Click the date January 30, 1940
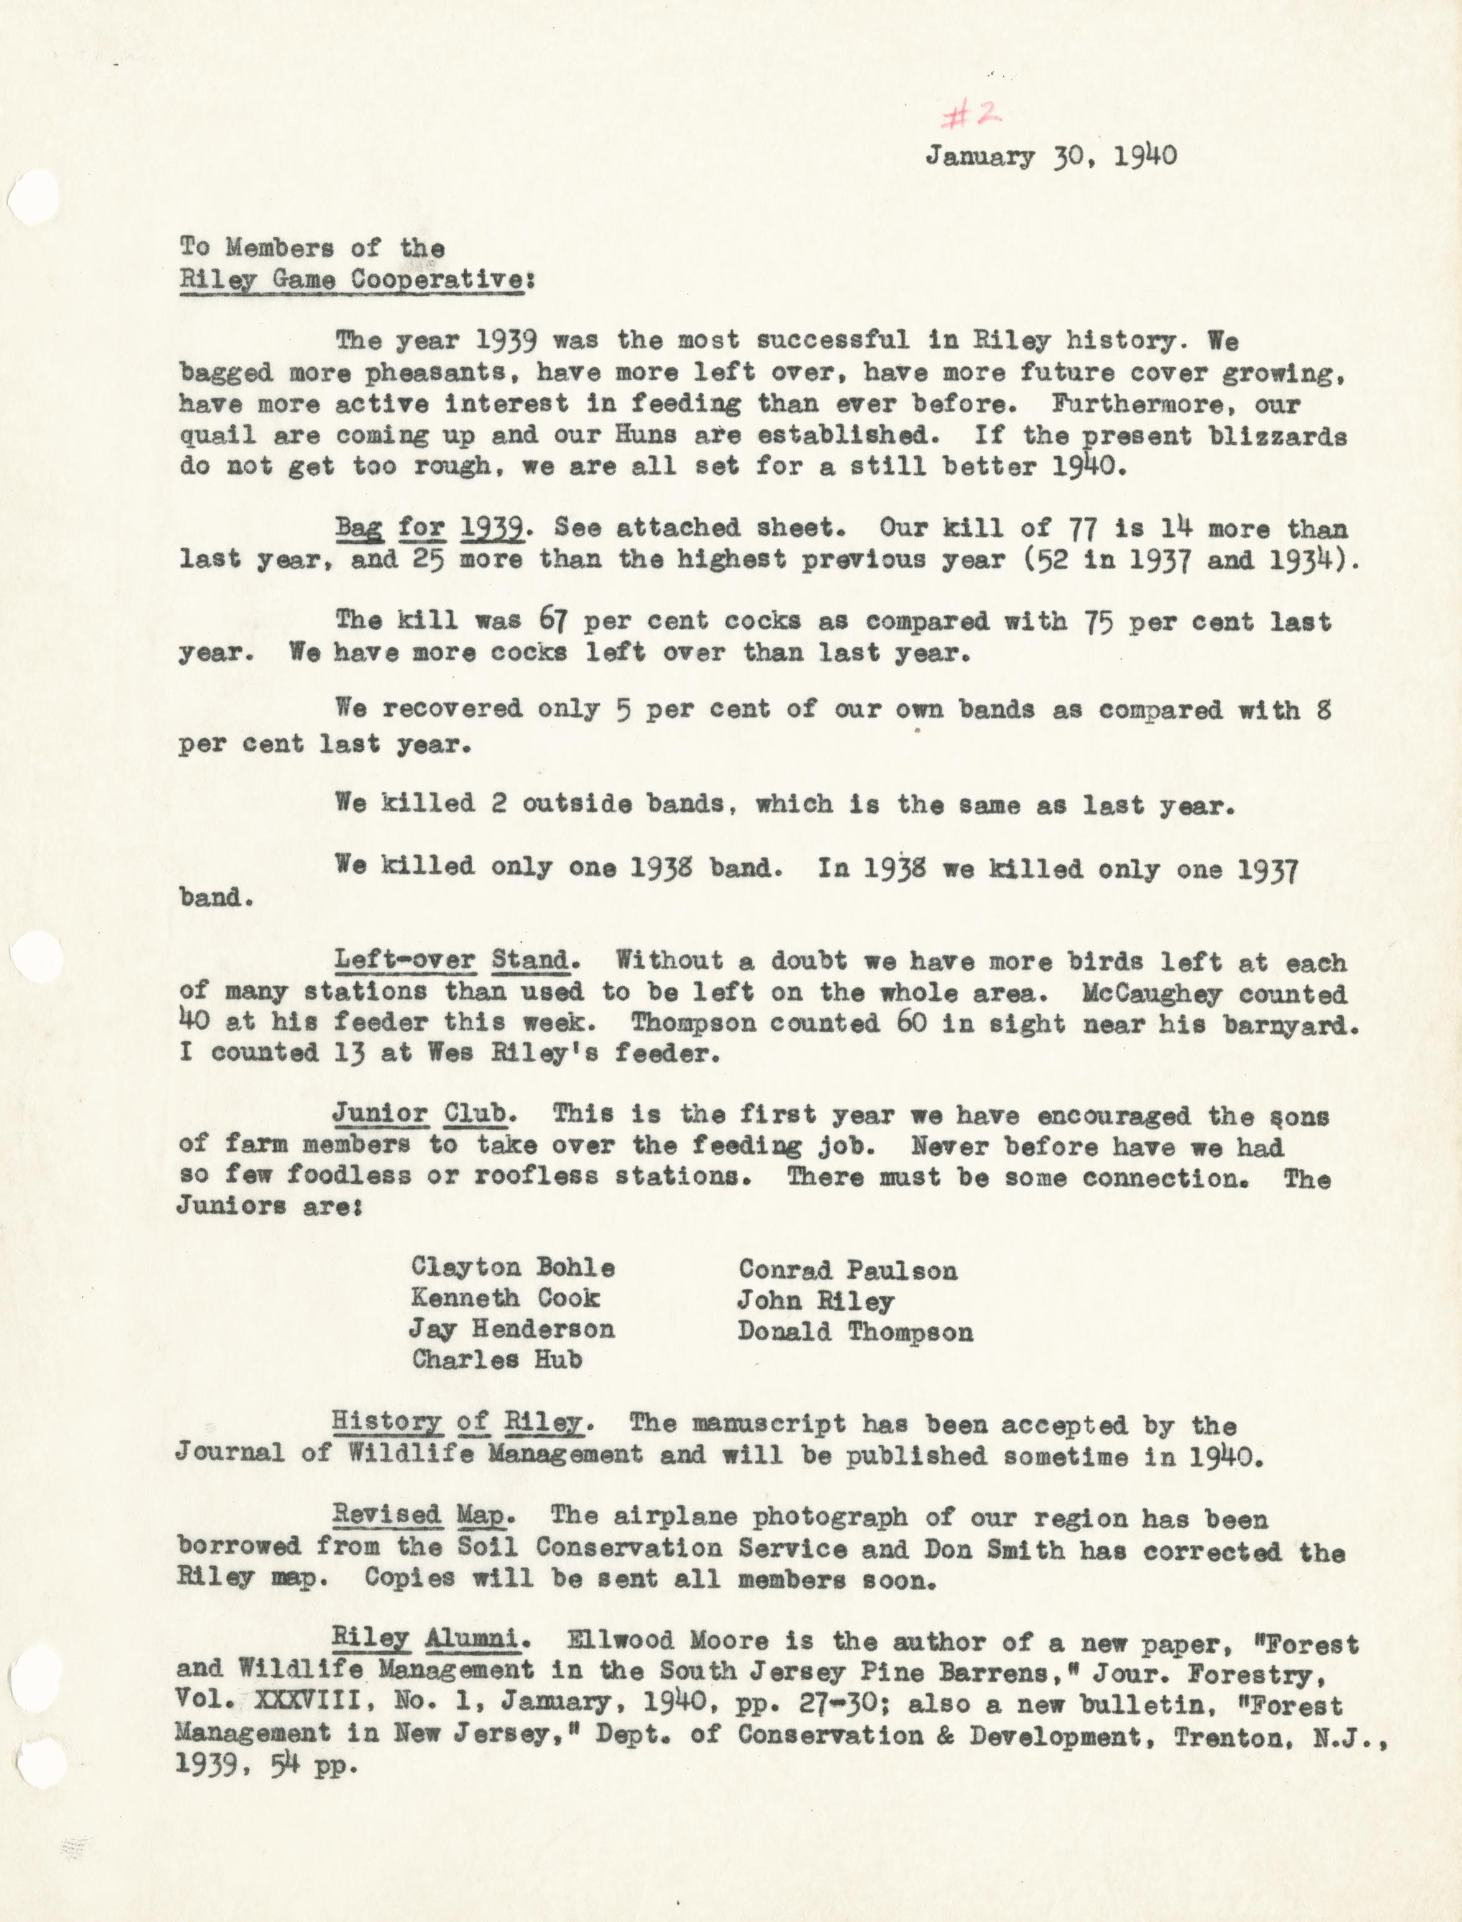1051,156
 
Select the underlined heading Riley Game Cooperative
352,281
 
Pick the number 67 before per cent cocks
553,621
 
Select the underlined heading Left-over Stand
453,961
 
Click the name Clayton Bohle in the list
513,1268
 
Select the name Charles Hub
496,1359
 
